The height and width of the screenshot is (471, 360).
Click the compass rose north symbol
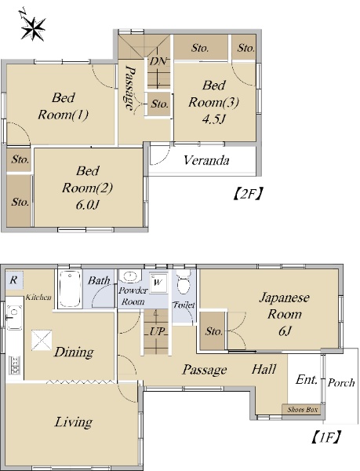(x=32, y=26)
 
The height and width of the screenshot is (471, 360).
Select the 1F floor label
(x=325, y=438)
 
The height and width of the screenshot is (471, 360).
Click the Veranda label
(x=206, y=160)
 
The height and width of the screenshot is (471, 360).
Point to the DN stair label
(x=158, y=61)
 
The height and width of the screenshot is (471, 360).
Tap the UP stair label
(x=157, y=331)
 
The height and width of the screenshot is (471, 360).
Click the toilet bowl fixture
(x=183, y=282)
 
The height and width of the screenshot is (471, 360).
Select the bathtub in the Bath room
(x=70, y=289)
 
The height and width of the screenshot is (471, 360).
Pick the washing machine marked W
(x=158, y=283)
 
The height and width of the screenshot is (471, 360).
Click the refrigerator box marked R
(x=14, y=280)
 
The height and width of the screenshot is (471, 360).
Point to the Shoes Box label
(x=302, y=410)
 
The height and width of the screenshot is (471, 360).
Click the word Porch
(x=341, y=382)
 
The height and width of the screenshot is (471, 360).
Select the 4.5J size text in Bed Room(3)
(x=213, y=119)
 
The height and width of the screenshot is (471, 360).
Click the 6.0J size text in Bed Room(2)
(x=87, y=205)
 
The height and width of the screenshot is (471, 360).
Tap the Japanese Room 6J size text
(x=285, y=331)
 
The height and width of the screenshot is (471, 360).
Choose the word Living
(x=73, y=422)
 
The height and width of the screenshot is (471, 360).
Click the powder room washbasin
(x=130, y=276)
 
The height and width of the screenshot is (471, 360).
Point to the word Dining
(x=74, y=352)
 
